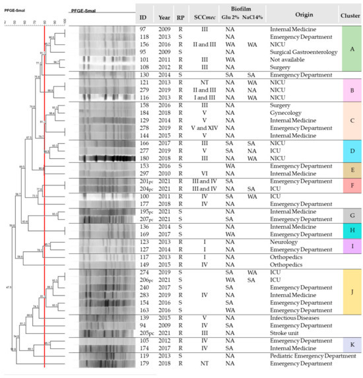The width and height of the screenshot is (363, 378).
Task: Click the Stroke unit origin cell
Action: point(288,334)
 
